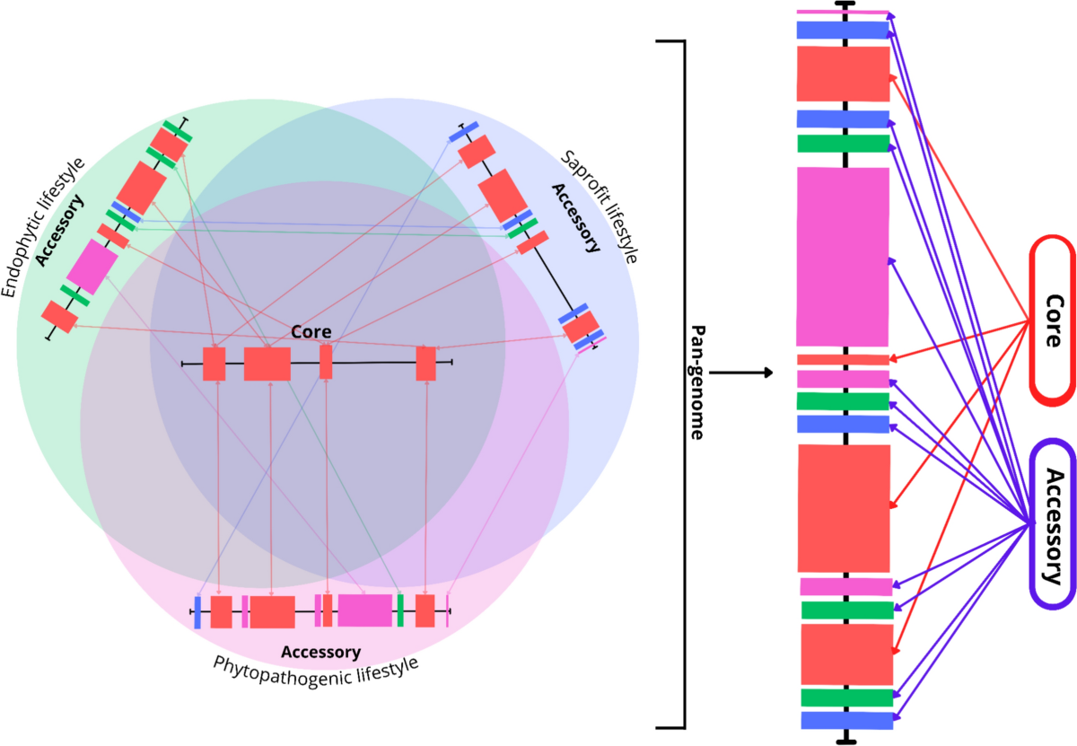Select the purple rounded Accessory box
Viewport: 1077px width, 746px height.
pyautogui.click(x=1052, y=524)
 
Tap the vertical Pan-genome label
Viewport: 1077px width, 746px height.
pyautogui.click(x=697, y=382)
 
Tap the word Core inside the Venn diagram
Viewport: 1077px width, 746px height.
pyautogui.click(x=305, y=332)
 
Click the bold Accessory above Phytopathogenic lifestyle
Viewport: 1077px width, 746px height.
pyautogui.click(x=320, y=651)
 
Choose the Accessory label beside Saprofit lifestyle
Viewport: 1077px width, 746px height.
pyautogui.click(x=575, y=218)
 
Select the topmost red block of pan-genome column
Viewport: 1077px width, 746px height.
pyautogui.click(x=843, y=74)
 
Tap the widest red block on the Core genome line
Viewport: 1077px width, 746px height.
pyautogui.click(x=267, y=364)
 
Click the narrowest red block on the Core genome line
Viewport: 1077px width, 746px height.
pyautogui.click(x=326, y=363)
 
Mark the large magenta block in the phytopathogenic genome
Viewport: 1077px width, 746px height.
pyautogui.click(x=364, y=610)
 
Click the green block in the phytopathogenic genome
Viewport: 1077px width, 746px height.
pyautogui.click(x=400, y=610)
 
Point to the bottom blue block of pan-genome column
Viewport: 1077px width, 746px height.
pyautogui.click(x=847, y=720)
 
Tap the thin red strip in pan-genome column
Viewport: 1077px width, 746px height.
pyautogui.click(x=843, y=359)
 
